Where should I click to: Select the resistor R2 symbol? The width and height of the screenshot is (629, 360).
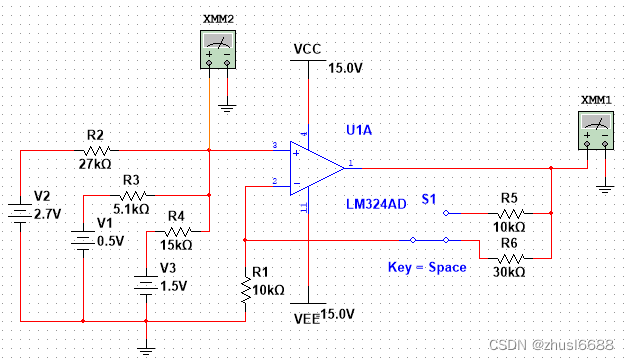(96, 149)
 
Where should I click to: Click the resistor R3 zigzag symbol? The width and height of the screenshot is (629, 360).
(133, 194)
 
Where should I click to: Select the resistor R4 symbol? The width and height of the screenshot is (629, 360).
(176, 231)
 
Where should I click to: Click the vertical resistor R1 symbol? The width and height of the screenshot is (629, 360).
(245, 289)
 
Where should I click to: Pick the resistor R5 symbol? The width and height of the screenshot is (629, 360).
(510, 213)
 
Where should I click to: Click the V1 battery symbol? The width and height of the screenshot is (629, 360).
(83, 240)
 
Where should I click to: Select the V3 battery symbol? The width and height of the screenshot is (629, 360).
(146, 285)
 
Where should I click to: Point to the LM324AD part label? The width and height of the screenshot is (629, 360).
(376, 204)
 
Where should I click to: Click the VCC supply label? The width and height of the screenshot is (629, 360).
(306, 49)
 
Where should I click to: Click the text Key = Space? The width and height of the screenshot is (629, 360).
(427, 267)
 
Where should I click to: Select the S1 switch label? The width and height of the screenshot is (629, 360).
(429, 199)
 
